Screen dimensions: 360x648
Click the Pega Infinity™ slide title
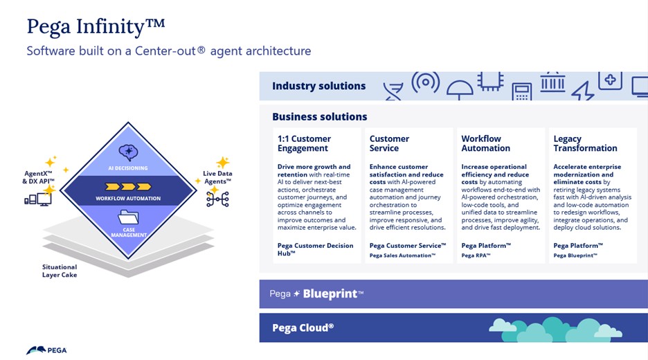pos(96,27)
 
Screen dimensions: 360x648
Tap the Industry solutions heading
pos(318,86)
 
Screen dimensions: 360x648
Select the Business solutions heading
pos(319,116)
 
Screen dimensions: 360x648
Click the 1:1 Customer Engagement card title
pos(304,143)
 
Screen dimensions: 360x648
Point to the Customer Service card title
pos(389,143)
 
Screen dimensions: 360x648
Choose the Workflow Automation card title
pos(485,143)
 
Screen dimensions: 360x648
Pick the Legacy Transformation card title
pos(585,143)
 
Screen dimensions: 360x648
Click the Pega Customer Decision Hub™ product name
pos(315,249)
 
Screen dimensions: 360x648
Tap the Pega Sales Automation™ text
pos(402,255)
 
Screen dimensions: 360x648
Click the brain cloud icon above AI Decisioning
pos(128,152)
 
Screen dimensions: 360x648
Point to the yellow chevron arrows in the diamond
pos(127,186)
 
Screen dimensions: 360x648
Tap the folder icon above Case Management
pos(128,219)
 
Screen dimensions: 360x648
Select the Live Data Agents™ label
pos(217,177)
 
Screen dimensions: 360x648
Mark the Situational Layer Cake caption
pos(60,271)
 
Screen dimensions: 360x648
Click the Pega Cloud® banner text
pos(303,327)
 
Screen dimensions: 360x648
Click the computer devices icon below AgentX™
pos(38,200)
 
